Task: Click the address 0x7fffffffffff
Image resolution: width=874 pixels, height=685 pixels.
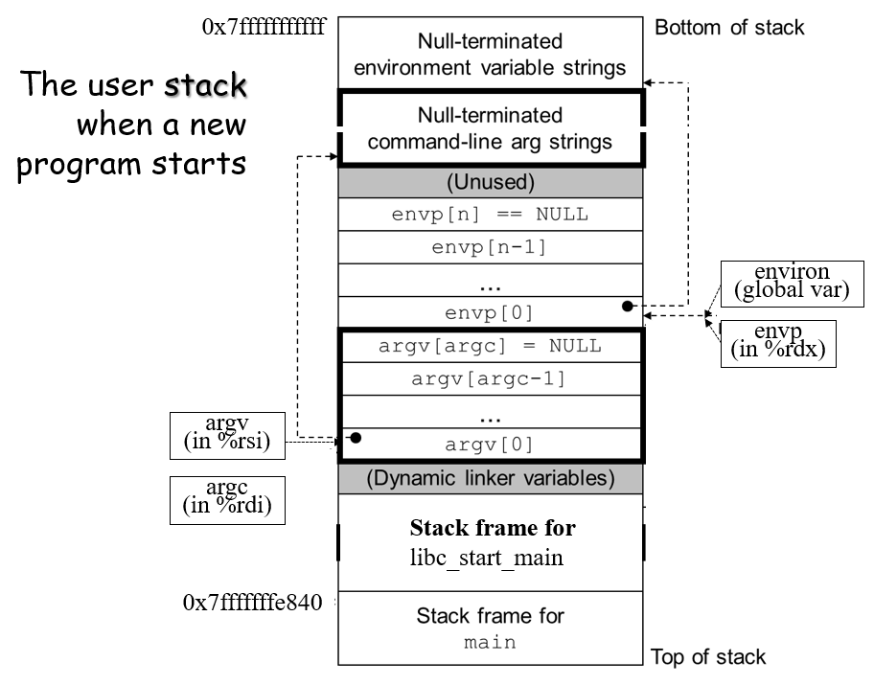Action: click(264, 27)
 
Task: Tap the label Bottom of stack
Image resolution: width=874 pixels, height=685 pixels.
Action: click(729, 27)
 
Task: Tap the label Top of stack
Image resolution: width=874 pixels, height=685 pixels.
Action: click(708, 657)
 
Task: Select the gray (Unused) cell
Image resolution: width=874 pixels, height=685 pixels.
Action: click(490, 182)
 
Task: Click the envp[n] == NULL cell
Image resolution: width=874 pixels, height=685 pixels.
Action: click(490, 214)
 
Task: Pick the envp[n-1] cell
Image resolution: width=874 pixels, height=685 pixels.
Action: click(490, 247)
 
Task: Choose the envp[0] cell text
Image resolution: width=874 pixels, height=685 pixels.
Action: click(490, 312)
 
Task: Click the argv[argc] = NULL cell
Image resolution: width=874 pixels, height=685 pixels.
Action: click(490, 346)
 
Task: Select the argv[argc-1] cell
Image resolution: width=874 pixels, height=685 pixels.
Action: click(490, 378)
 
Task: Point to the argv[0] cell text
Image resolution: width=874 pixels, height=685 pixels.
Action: click(490, 444)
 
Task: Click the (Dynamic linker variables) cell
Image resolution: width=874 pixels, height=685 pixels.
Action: click(490, 477)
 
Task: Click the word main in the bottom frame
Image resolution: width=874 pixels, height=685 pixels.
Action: click(490, 642)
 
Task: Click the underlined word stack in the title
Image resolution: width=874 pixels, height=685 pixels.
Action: click(204, 85)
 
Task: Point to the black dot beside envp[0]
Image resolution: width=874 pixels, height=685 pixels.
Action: click(628, 307)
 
